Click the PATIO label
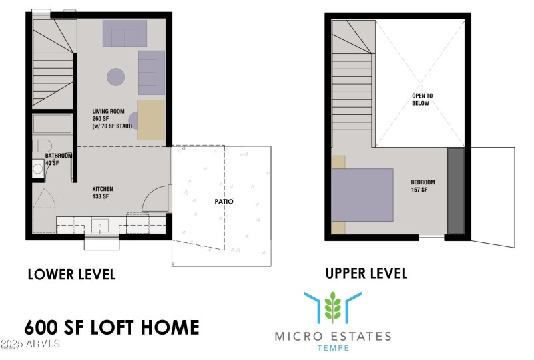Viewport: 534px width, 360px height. (x=224, y=201)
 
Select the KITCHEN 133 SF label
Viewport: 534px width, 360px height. (x=103, y=192)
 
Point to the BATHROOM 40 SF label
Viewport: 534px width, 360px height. (x=59, y=159)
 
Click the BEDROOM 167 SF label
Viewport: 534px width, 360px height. (x=423, y=186)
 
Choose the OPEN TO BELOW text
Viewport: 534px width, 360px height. (x=422, y=100)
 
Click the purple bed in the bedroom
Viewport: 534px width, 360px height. (x=363, y=194)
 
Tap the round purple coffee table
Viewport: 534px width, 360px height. (x=116, y=77)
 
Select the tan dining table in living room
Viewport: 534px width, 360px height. (x=152, y=120)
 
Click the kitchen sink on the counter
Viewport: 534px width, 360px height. (x=100, y=225)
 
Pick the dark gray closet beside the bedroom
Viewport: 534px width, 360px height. (x=456, y=191)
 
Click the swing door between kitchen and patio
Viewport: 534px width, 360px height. (x=158, y=199)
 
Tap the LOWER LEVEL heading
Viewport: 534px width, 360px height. (x=71, y=274)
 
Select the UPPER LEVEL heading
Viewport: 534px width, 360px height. (x=366, y=273)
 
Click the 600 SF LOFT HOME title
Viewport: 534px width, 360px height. (x=111, y=327)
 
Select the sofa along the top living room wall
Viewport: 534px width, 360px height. (x=125, y=33)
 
